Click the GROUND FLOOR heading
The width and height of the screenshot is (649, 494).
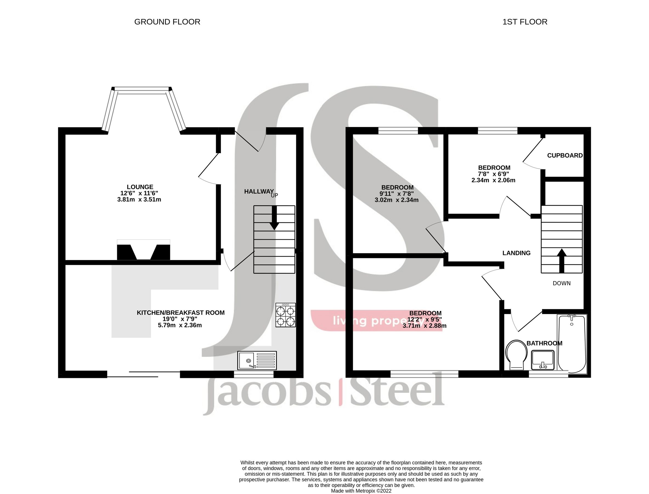[167, 22]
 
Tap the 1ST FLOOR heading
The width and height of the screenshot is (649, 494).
[525, 22]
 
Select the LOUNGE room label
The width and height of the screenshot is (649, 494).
[140, 187]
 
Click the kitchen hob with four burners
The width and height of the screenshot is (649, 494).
[286, 315]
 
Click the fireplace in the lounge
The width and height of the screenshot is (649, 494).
[143, 250]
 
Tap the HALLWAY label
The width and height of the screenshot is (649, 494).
[259, 192]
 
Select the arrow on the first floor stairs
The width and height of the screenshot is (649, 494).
[562, 260]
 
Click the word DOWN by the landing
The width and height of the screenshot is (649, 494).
[562, 283]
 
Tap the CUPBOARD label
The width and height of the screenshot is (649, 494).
[565, 156]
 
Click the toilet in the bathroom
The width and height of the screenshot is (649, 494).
[517, 355]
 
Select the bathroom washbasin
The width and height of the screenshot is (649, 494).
[543, 360]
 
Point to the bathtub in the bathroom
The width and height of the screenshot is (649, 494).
[572, 343]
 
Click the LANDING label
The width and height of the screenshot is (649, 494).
[516, 253]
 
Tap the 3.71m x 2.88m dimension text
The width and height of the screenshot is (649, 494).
[424, 326]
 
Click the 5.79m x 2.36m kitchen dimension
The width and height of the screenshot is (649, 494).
[180, 325]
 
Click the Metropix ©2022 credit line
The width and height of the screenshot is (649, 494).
[361, 491]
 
